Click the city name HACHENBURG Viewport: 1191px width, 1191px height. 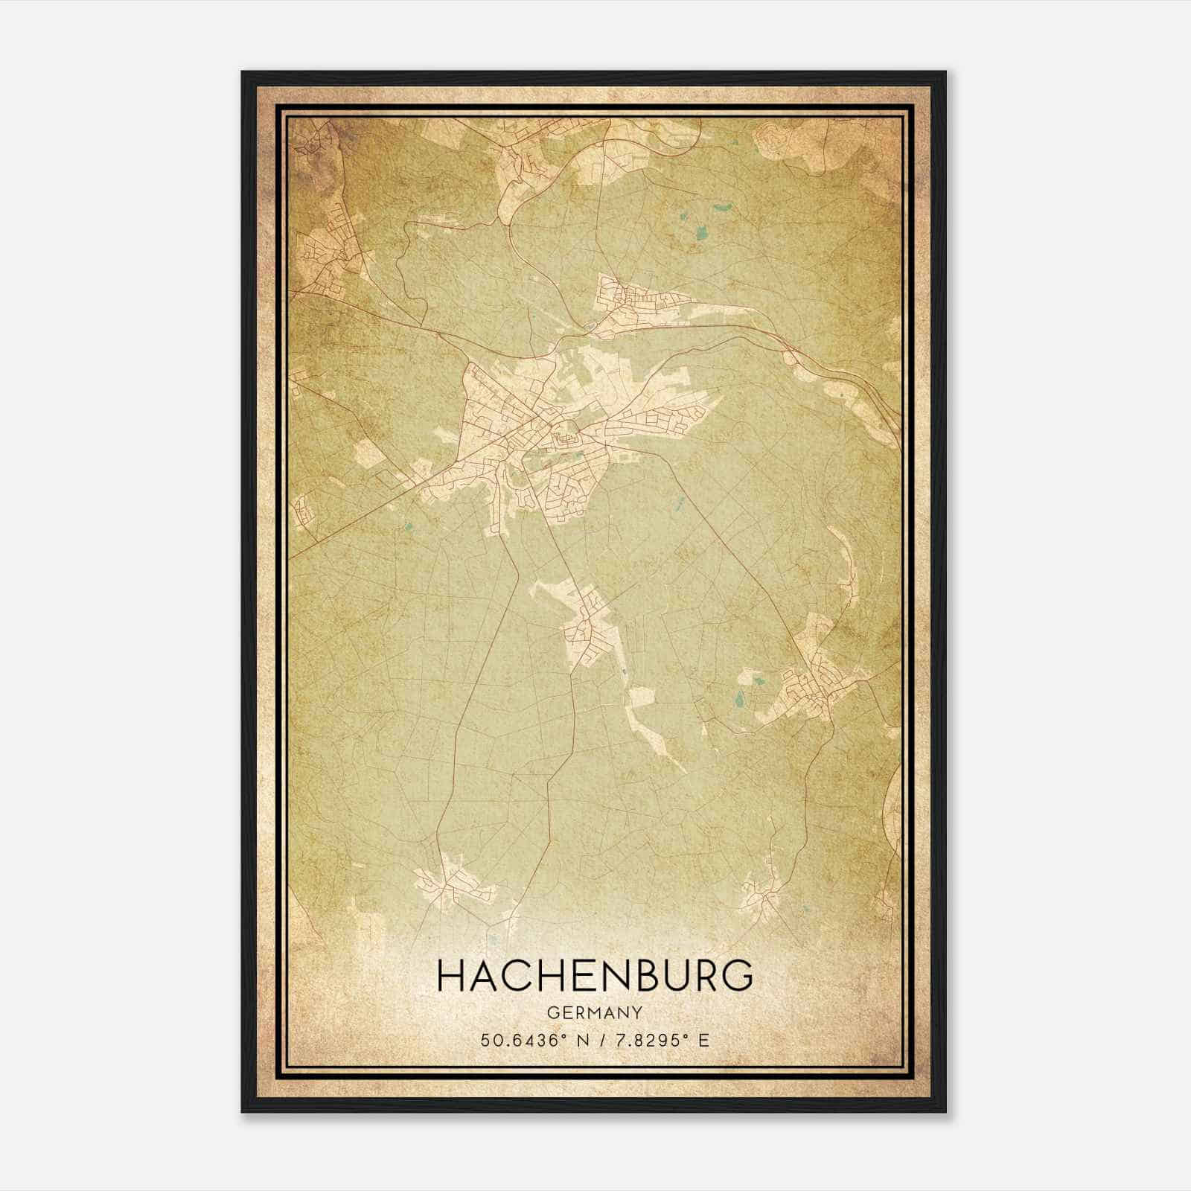pos(595,977)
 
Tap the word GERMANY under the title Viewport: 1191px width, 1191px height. pos(595,1013)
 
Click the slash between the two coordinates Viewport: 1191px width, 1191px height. pos(598,1040)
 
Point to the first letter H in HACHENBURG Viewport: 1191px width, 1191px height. pos(452,977)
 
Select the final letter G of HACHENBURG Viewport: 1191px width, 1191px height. pos(737,977)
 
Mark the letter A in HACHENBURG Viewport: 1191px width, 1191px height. pos(484,977)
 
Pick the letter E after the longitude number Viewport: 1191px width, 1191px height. pos(703,1040)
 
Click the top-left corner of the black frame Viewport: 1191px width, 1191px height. pos(243,72)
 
